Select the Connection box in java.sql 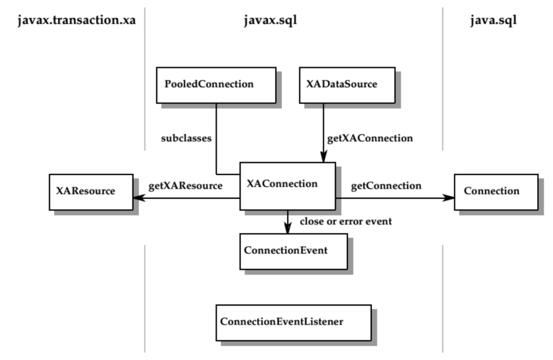pos(496,191)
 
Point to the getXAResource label pos(185,186)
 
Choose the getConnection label pos(386,186)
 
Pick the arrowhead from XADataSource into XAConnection pos(323,157)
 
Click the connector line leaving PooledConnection pos(216,138)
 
